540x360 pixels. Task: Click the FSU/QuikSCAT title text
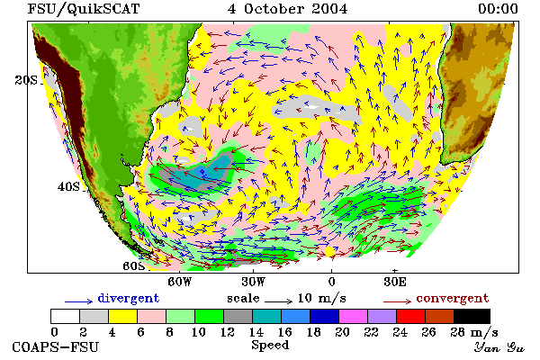pos(84,9)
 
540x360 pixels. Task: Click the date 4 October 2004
pos(287,9)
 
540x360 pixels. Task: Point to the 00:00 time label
pos(498,9)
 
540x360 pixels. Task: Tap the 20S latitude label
pos(26,80)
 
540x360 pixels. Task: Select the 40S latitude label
pos(68,186)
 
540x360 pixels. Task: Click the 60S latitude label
pos(134,266)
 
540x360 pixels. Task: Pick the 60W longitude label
pos(179,282)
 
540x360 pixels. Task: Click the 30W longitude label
pos(253,282)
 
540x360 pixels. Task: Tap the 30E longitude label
pos(395,282)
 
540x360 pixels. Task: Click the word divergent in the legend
pos(129,298)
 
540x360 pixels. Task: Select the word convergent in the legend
pos(452,298)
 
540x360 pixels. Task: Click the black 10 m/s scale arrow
pos(278,301)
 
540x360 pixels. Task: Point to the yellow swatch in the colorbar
pos(122,316)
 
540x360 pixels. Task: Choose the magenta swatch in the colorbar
pos(353,316)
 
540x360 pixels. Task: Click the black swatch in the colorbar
pos(472,316)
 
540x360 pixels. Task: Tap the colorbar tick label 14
pos(256,332)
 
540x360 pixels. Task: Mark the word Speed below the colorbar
pos(270,346)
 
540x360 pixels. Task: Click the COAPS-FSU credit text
pos(56,346)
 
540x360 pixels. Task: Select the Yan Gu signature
pos(499,346)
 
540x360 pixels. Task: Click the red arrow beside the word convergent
pos(397,301)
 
